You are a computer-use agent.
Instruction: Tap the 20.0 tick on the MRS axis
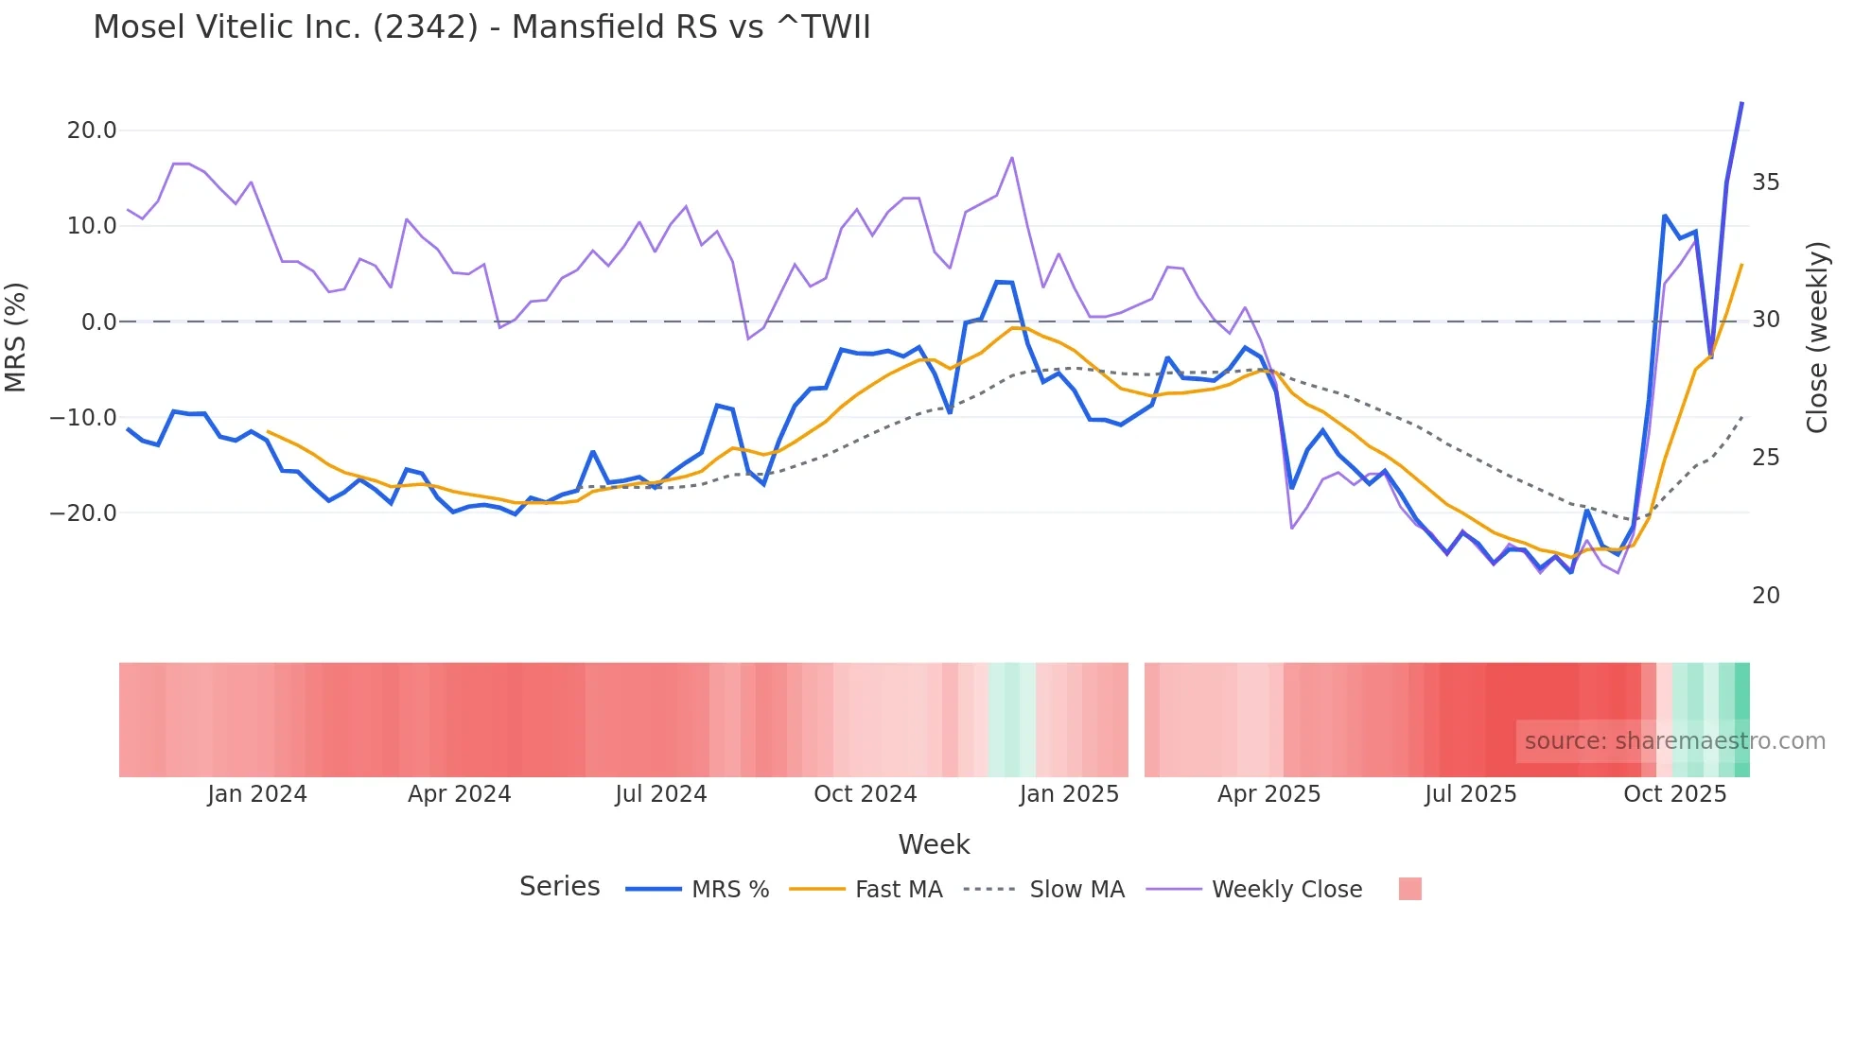click(92, 130)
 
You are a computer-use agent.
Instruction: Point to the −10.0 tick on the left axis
click(84, 418)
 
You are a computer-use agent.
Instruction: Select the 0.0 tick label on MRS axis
click(99, 322)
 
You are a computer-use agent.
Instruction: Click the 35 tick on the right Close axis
click(1765, 182)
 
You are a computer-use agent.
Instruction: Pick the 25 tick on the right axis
click(1765, 458)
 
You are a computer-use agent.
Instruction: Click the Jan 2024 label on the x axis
click(257, 794)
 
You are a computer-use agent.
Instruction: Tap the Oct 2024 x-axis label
click(865, 794)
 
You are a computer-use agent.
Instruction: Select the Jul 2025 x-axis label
click(1470, 794)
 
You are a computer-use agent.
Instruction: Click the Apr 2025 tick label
click(1268, 794)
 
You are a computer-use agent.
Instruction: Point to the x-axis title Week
click(934, 844)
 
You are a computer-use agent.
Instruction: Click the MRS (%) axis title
click(16, 337)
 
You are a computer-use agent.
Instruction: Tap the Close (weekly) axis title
click(1816, 338)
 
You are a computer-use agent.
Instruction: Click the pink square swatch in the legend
click(1409, 889)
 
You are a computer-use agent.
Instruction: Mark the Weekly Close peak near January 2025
click(1012, 158)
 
